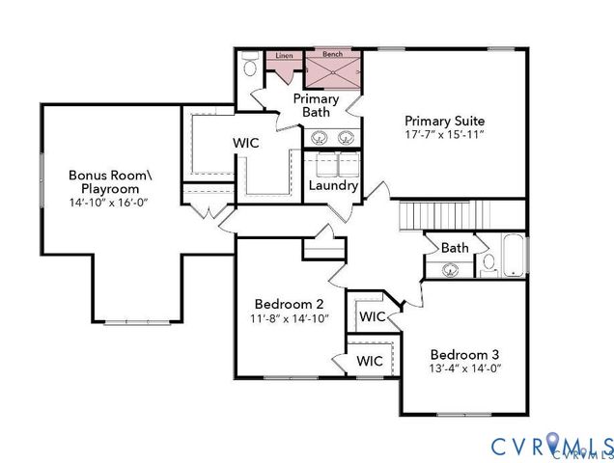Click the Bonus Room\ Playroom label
[x=110, y=181]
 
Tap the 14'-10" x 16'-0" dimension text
[x=110, y=204]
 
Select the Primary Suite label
[x=444, y=120]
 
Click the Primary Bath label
[x=316, y=105]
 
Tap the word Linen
[x=284, y=56]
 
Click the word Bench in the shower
[x=332, y=55]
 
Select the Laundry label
[x=334, y=185]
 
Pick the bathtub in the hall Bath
[x=514, y=256]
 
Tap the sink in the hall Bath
[x=450, y=269]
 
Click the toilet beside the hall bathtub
[x=488, y=261]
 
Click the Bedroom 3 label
[x=465, y=352]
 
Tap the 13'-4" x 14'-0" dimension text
[x=465, y=368]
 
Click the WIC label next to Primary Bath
[x=245, y=143]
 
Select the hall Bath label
[x=455, y=248]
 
